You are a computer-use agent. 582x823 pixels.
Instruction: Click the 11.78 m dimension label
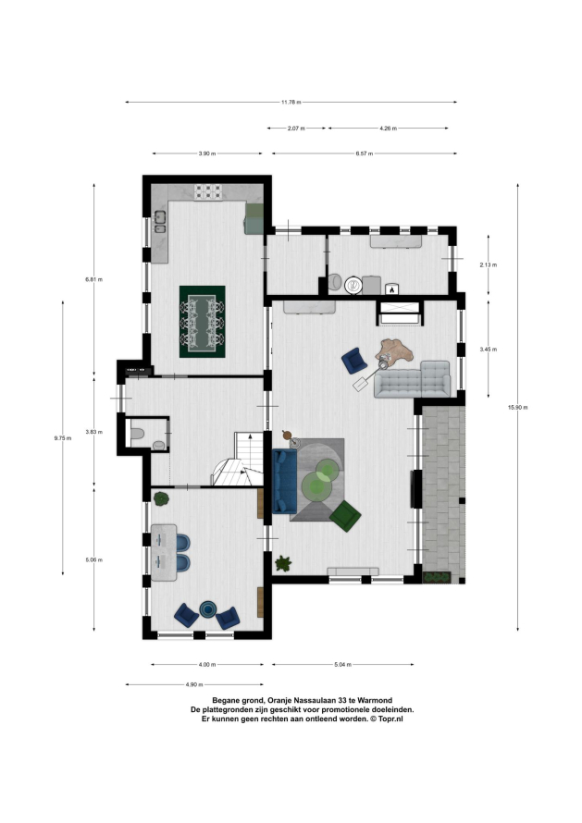(291, 103)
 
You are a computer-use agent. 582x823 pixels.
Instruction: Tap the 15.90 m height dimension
(517, 407)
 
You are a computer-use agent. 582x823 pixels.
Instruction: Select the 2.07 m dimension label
(296, 128)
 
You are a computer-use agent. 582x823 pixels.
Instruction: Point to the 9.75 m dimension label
(63, 437)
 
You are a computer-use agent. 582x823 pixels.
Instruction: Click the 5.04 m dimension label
(342, 665)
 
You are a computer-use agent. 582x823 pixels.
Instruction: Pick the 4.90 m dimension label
(193, 684)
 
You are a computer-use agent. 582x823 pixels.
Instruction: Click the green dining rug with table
(203, 322)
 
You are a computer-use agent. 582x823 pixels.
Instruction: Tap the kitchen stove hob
(208, 192)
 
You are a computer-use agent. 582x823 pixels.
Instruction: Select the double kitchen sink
(160, 222)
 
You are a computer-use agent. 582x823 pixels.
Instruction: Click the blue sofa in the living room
(285, 481)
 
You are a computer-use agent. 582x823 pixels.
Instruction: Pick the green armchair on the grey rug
(345, 516)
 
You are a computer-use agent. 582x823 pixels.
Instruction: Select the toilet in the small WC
(137, 434)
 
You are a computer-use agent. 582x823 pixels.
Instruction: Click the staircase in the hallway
(239, 459)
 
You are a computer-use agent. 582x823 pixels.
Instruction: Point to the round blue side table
(208, 608)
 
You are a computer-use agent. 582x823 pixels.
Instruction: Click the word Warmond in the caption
(376, 700)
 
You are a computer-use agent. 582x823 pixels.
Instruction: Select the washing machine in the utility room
(353, 285)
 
